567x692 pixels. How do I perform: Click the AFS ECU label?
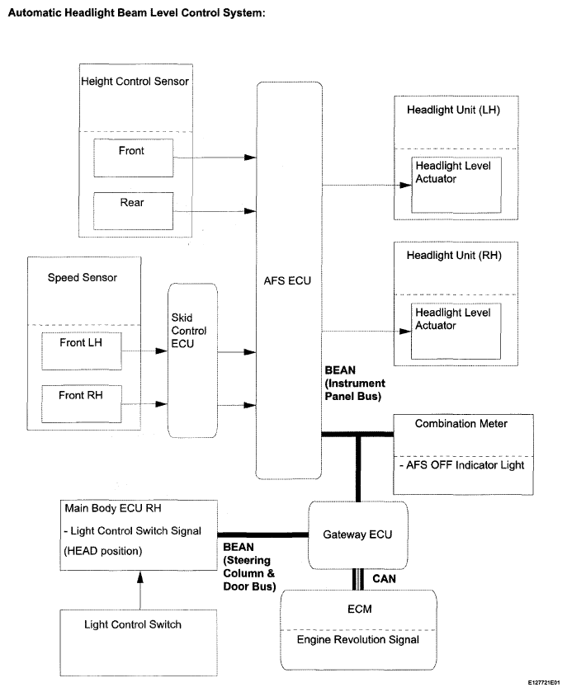pyautogui.click(x=287, y=280)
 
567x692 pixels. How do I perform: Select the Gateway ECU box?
pyautogui.click(x=357, y=535)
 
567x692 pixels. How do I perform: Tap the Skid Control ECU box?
pyautogui.click(x=192, y=360)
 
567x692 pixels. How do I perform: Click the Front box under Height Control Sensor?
pyautogui.click(x=134, y=158)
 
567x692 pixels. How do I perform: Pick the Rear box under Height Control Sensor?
pyautogui.click(x=134, y=211)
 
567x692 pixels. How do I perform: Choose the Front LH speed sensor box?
pyautogui.click(x=82, y=351)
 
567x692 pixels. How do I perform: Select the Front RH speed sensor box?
pyautogui.click(x=82, y=404)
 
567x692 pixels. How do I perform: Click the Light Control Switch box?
pyautogui.click(x=139, y=643)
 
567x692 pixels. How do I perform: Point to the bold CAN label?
pyautogui.click(x=384, y=579)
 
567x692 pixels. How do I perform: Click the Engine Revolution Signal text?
pyautogui.click(x=357, y=639)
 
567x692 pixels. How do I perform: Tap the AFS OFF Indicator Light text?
pyautogui.click(x=462, y=465)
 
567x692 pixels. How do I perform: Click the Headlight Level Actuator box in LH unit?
pyautogui.click(x=456, y=185)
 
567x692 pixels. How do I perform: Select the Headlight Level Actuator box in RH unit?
pyautogui.click(x=456, y=331)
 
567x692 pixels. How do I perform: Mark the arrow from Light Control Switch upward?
pyautogui.click(x=140, y=591)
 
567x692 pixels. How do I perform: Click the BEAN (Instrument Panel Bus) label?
pyautogui.click(x=355, y=383)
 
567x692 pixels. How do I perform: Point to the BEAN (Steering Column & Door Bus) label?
pyautogui.click(x=249, y=567)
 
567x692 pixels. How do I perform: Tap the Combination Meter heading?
pyautogui.click(x=461, y=424)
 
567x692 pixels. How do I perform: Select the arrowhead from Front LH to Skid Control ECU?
pyautogui.click(x=162, y=351)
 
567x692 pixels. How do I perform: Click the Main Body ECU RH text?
pyautogui.click(x=113, y=508)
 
